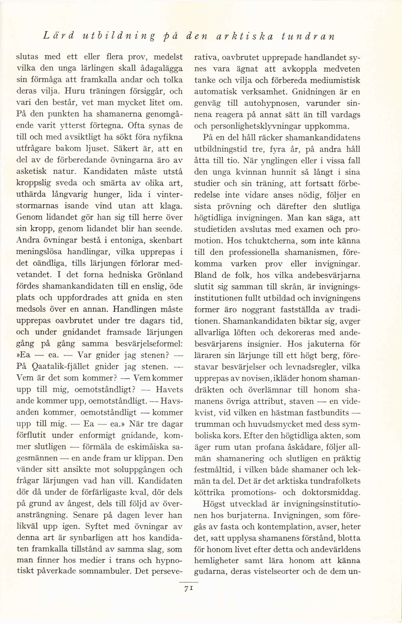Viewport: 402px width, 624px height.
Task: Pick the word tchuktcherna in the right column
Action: (x=266, y=241)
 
